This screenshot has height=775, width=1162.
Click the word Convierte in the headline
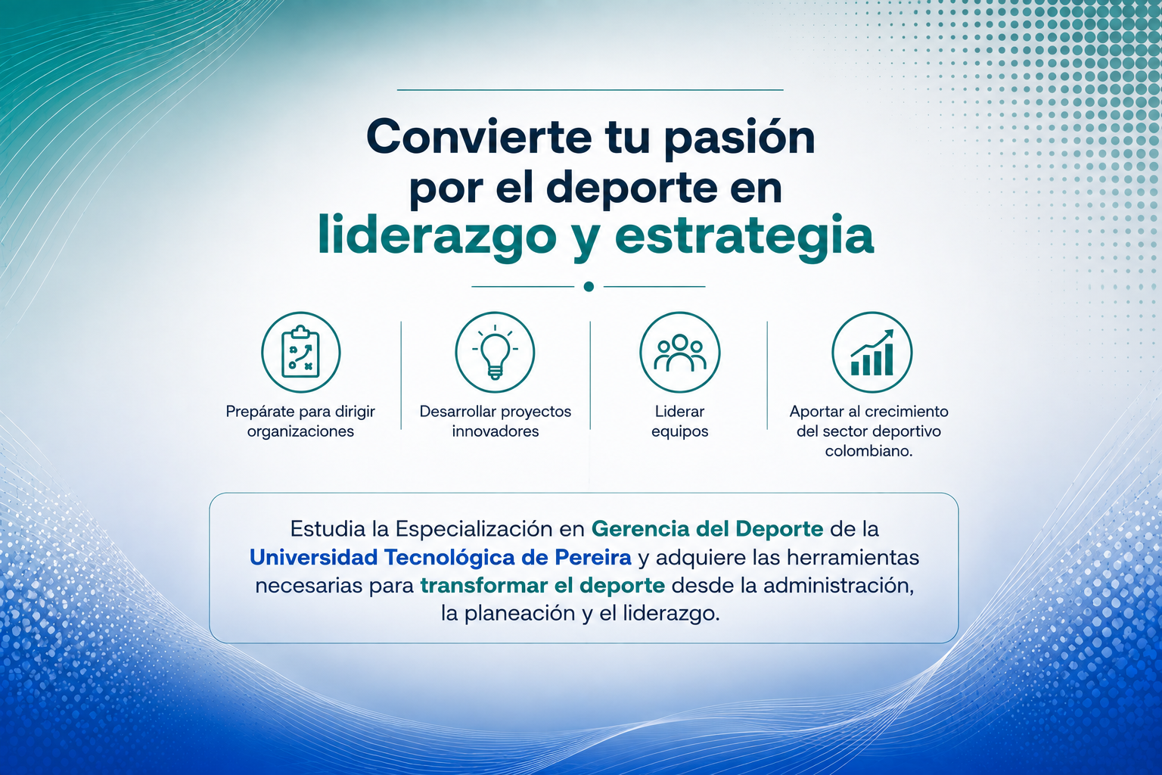tap(479, 137)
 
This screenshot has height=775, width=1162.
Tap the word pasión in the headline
tap(740, 139)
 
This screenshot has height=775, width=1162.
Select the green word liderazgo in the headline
tap(437, 237)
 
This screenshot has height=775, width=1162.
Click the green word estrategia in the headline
tap(744, 237)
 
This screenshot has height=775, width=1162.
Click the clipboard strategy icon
tap(301, 352)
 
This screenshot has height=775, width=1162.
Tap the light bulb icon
tap(495, 352)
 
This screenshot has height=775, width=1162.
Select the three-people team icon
tap(679, 352)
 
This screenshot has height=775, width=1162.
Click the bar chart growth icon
tap(871, 352)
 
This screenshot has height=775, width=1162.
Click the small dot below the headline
tap(589, 287)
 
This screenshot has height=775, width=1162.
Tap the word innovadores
tap(495, 431)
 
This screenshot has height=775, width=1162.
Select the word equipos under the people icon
tap(679, 432)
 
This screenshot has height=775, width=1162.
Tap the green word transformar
tap(484, 586)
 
